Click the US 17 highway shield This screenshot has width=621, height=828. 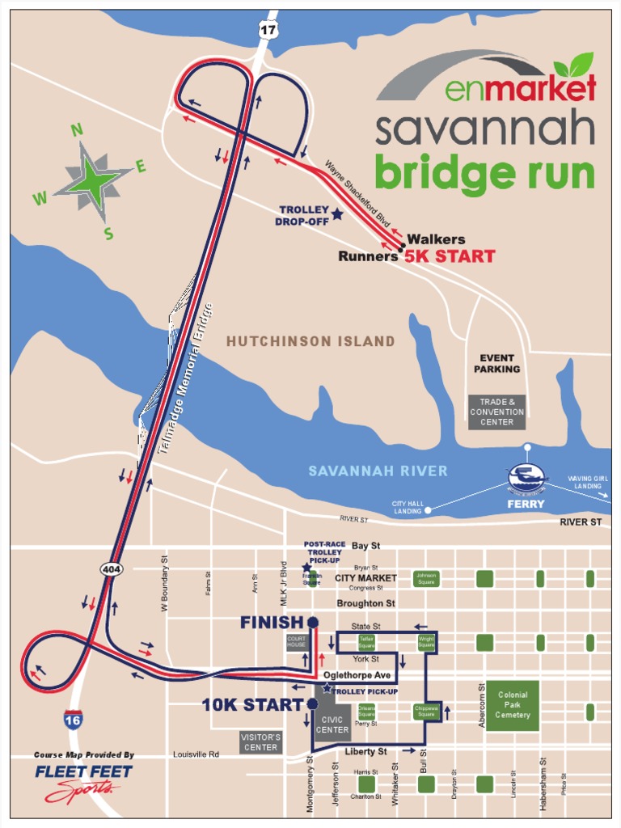[x=267, y=30]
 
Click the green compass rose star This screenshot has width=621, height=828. [x=91, y=180]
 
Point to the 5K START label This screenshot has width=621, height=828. [x=450, y=257]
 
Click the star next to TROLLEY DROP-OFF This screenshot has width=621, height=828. [x=337, y=214]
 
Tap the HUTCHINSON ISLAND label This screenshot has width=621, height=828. [x=310, y=341]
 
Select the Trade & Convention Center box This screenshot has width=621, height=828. [x=496, y=412]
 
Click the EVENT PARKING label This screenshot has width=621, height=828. [x=496, y=363]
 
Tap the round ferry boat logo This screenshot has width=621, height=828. [x=527, y=479]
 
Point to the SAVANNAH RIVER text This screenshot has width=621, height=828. [x=378, y=471]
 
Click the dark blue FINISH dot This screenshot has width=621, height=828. [x=313, y=623]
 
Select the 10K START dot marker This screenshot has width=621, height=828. [x=312, y=704]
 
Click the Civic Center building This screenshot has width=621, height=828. [x=332, y=724]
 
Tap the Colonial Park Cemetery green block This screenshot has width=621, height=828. [x=512, y=705]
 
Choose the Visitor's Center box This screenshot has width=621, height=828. [x=260, y=742]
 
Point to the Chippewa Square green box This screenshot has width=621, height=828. [x=426, y=712]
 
